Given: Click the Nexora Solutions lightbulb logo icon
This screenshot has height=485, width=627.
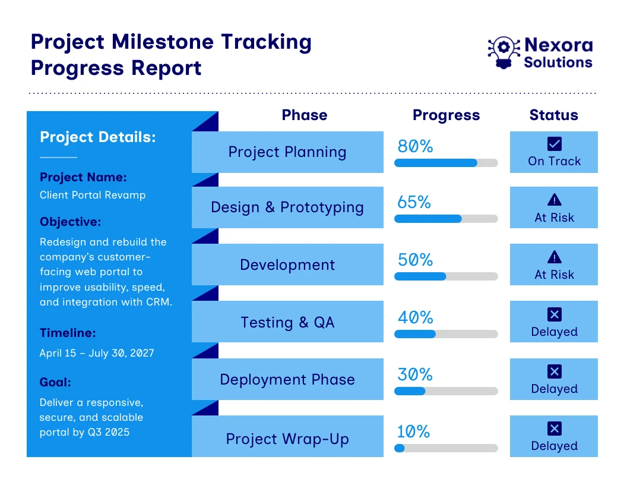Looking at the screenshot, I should tap(503, 52).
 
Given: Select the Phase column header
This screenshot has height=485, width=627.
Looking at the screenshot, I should tap(304, 115).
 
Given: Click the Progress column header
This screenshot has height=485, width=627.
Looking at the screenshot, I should tap(446, 115).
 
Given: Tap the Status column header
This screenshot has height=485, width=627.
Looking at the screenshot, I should tap(553, 115).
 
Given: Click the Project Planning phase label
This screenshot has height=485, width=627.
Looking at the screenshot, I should tap(287, 152).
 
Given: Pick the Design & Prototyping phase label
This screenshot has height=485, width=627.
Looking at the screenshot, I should tap(287, 207).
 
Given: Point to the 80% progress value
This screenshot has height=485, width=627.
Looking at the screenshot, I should tap(415, 146).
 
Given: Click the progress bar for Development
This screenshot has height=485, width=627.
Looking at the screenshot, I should tap(446, 276).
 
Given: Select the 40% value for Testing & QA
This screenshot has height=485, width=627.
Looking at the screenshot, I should tap(415, 317).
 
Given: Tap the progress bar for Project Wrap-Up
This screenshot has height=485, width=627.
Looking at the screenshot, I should tap(446, 448).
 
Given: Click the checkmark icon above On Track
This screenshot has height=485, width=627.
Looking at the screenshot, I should tap(554, 144).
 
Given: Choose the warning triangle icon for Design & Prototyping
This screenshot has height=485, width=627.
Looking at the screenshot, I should tap(554, 200).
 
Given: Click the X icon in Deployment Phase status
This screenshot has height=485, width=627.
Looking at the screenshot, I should tap(554, 371).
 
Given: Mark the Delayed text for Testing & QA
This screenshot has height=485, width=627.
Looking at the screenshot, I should tap(554, 332).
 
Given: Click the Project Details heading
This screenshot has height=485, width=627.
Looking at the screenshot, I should tap(97, 137).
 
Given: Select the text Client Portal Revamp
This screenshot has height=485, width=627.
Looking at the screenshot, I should tap(93, 195).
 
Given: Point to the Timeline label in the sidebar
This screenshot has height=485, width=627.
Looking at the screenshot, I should tap(68, 333).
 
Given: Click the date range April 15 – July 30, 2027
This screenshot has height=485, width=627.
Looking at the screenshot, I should tap(97, 353).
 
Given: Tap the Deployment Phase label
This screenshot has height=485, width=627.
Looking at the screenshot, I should tap(287, 380).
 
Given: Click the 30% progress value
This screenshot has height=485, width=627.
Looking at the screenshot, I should tap(415, 374).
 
